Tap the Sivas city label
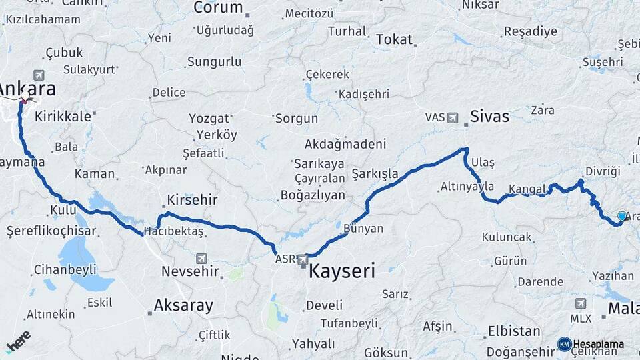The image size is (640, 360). click(x=490, y=117)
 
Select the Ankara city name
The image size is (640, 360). click(x=27, y=89)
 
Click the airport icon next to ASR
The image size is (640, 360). click(x=303, y=259)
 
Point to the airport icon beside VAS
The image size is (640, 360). click(x=453, y=118)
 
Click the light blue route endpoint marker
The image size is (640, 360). click(x=621, y=216)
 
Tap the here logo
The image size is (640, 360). click(x=18, y=341)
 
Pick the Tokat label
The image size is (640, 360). click(x=394, y=40)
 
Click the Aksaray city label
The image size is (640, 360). click(x=183, y=306)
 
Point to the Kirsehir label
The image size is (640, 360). click(x=193, y=200)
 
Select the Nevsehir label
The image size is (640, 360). click(x=190, y=271)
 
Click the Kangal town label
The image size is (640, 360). click(x=527, y=189)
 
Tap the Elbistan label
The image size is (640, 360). click(x=513, y=331)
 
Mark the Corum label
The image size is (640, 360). click(x=217, y=8)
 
